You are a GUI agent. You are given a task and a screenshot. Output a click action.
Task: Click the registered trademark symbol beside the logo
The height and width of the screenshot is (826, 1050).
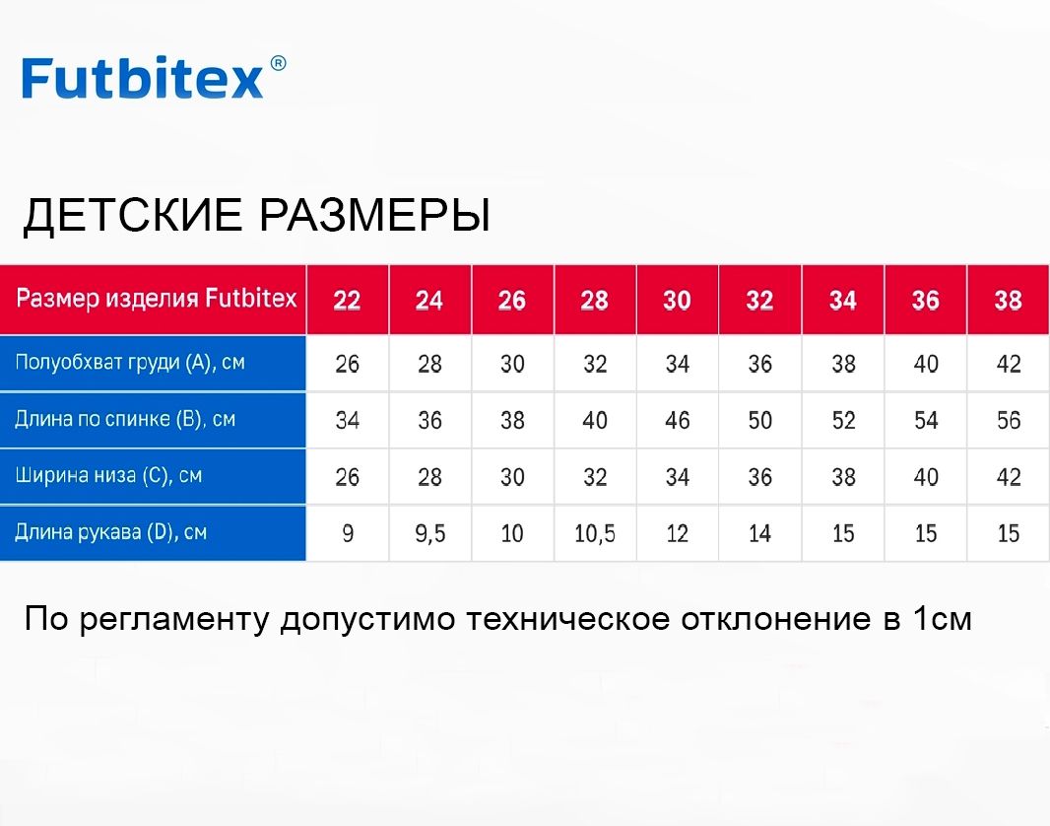tap(278, 64)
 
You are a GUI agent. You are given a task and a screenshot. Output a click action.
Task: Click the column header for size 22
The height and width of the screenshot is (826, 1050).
tap(347, 300)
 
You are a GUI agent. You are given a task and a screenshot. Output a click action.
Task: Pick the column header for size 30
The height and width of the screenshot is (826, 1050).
tap(677, 300)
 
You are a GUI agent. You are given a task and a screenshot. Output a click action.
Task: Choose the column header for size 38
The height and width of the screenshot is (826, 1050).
tap(1009, 300)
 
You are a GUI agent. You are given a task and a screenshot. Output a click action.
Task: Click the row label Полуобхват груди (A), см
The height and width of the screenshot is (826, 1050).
tap(130, 363)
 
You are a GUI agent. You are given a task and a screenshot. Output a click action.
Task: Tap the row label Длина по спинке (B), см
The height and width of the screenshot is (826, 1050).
tap(125, 419)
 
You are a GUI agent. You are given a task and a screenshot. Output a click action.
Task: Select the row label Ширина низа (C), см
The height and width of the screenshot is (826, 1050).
tap(108, 476)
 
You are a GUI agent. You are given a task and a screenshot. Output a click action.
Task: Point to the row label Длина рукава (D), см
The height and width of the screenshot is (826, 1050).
tap(111, 532)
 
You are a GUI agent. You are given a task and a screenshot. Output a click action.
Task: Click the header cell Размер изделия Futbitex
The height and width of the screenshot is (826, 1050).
tap(157, 298)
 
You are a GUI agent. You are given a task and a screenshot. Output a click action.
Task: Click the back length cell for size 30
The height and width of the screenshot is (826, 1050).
tap(677, 420)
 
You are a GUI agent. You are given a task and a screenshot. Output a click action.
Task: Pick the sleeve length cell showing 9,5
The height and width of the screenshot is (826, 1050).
tap(429, 533)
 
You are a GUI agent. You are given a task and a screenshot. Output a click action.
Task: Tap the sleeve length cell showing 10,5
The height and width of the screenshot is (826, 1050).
tap(595, 533)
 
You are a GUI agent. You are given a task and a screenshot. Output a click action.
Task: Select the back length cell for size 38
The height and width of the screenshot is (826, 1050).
tap(1009, 420)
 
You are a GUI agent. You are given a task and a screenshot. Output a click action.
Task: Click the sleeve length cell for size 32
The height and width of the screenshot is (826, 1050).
tap(760, 533)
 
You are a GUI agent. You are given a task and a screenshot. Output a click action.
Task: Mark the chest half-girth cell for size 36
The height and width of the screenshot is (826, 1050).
tap(926, 364)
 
